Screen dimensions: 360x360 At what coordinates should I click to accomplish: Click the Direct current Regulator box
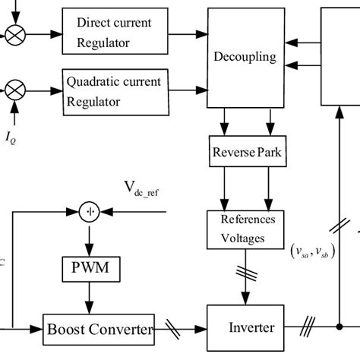click(113, 32)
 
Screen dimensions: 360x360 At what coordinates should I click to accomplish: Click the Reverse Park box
click(245, 153)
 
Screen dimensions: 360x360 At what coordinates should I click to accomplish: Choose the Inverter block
click(251, 329)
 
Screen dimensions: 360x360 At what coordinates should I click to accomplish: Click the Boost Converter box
click(99, 330)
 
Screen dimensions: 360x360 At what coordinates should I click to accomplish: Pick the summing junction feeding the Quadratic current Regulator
click(14, 92)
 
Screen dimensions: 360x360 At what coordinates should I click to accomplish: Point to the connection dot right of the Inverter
click(339, 329)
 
